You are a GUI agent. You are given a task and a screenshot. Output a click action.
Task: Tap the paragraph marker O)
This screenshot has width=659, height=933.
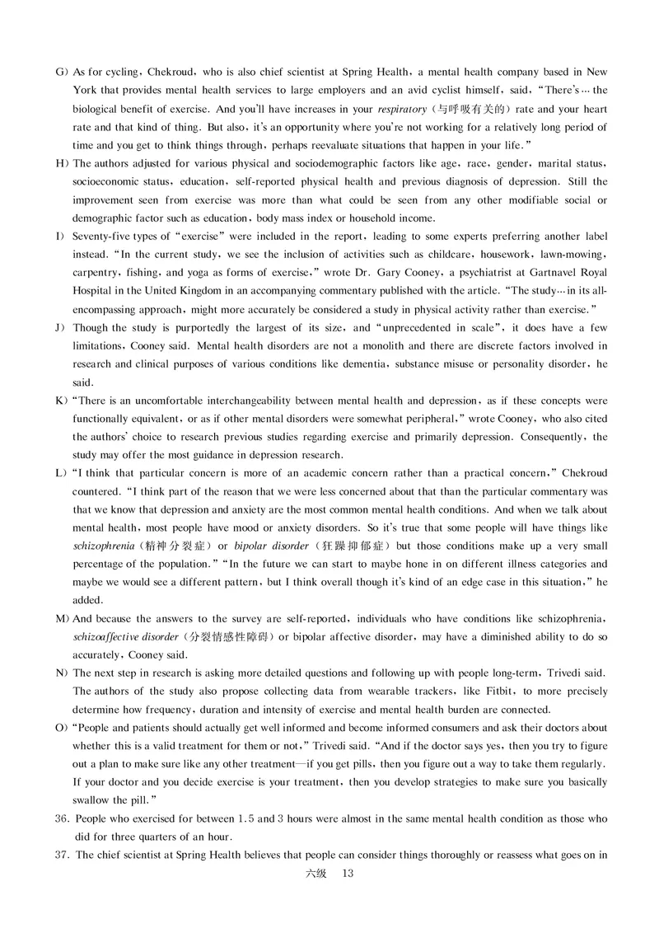pyautogui.click(x=60, y=728)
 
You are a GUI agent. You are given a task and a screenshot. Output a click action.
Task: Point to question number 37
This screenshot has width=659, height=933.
pyautogui.click(x=61, y=855)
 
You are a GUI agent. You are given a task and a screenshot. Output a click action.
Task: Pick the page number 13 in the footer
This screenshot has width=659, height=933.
pyautogui.click(x=346, y=874)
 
